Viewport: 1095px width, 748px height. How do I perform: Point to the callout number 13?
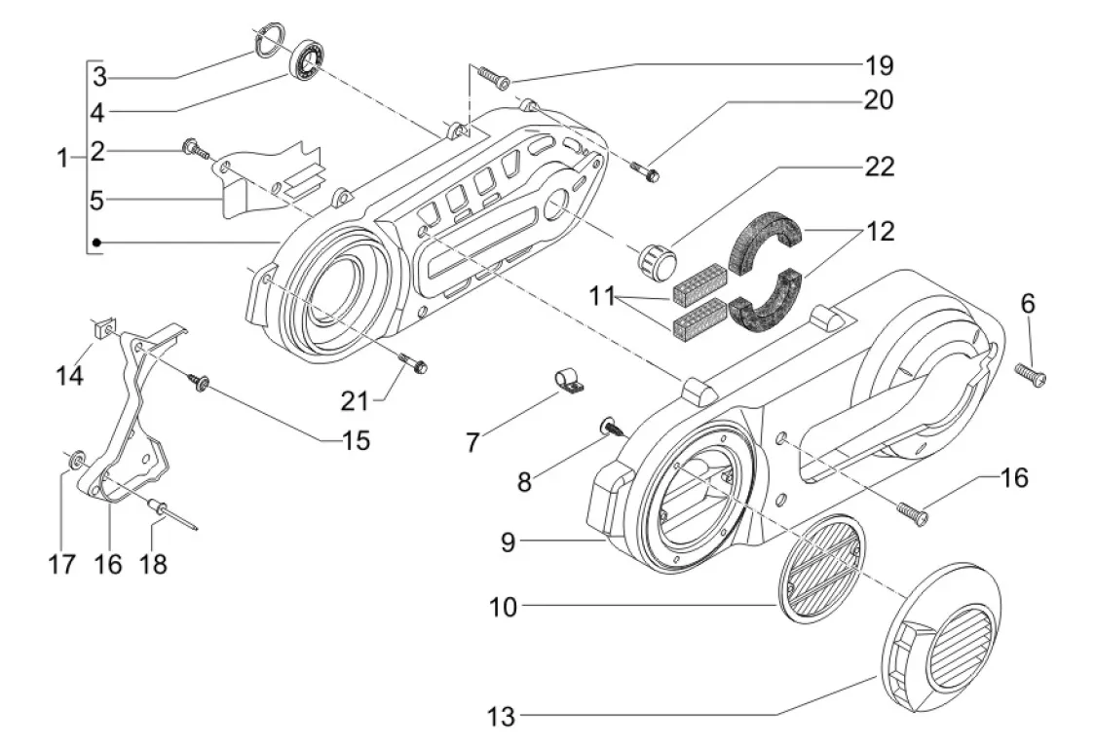click(x=501, y=719)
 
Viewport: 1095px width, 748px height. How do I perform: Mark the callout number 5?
click(x=96, y=201)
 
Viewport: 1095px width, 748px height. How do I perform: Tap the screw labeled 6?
click(x=1031, y=373)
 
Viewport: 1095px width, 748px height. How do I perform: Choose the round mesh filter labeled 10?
click(x=821, y=568)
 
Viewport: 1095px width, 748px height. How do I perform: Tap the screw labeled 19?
click(x=493, y=79)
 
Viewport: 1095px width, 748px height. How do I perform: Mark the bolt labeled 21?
click(x=413, y=363)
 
